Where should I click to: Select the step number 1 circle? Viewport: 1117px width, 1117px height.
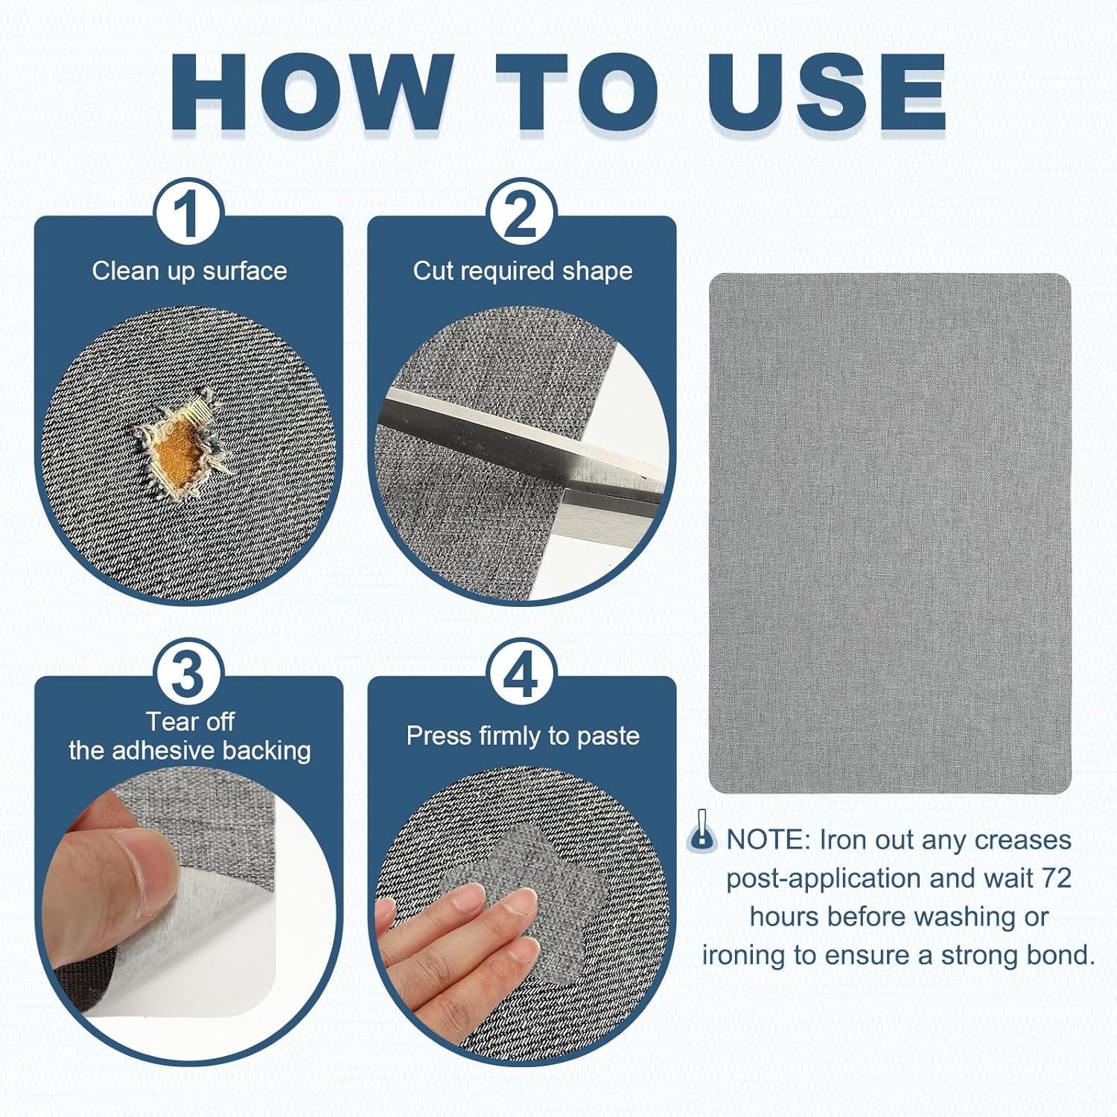[x=188, y=214]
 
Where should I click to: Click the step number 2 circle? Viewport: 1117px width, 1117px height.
[x=521, y=214]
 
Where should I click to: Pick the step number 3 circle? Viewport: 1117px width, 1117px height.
[x=188, y=674]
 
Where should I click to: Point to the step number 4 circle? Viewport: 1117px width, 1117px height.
[x=521, y=674]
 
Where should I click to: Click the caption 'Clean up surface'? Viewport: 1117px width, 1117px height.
[x=189, y=271]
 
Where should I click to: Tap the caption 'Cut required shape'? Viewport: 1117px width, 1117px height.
[x=523, y=271]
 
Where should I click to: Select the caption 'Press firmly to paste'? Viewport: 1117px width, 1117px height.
[x=523, y=736]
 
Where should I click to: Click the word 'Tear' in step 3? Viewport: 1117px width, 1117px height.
[x=168, y=721]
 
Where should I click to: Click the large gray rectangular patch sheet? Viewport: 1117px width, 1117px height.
[x=890, y=533]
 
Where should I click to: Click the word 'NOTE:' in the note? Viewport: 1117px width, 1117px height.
[x=768, y=840]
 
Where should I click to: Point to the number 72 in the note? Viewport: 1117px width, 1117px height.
[x=1057, y=879]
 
